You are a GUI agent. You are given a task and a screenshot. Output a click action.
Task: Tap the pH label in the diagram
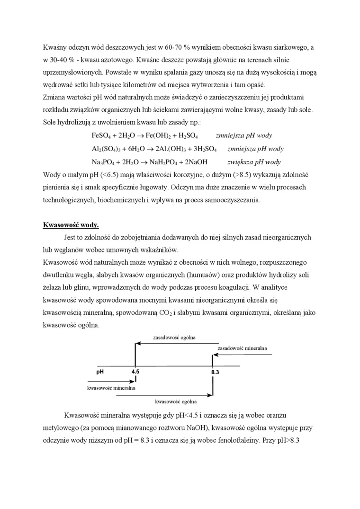click(100, 372)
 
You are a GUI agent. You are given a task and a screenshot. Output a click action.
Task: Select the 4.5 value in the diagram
click(135, 372)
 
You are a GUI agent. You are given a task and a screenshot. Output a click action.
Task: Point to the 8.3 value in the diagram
click(215, 373)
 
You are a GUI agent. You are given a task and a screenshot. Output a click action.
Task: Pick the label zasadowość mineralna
click(242, 348)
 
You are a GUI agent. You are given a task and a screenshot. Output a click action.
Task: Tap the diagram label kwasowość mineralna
click(111, 388)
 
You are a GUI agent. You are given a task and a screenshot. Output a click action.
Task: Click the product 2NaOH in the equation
click(195, 161)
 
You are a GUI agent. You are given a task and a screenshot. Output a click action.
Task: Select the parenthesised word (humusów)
click(197, 275)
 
